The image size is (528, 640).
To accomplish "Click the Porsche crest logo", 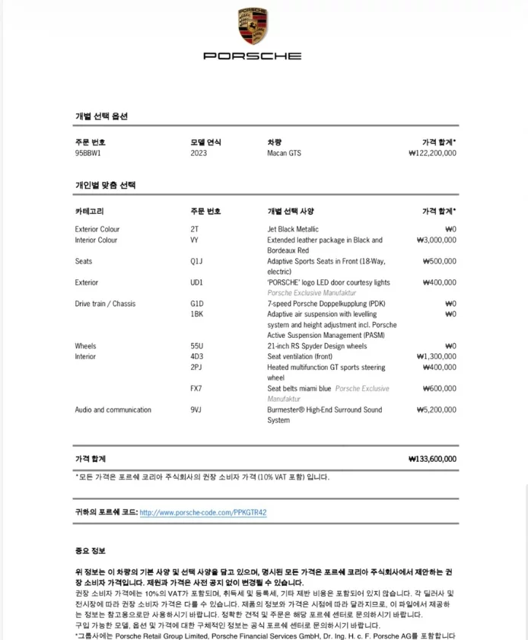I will [253, 27].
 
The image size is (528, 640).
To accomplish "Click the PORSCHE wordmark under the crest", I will [253, 56].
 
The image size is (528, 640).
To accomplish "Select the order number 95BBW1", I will [87, 153].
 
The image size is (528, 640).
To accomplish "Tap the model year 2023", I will [198, 153].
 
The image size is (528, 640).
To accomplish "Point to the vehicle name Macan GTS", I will [284, 153].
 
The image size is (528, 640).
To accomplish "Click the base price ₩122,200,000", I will [432, 153].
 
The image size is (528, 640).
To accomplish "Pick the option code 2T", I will [194, 229].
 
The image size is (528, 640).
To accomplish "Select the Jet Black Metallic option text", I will [293, 229].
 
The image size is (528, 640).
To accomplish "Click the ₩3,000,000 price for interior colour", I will [436, 240].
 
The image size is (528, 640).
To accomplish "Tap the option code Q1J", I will [196, 261].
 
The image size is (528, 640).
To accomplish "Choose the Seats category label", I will [83, 261].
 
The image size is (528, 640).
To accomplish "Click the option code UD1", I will [196, 282].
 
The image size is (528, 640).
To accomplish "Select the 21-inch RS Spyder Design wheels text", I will [316, 346].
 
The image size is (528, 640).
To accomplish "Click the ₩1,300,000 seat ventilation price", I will [436, 357].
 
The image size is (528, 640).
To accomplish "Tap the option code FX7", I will [196, 389].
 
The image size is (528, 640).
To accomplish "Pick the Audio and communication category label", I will [113, 410].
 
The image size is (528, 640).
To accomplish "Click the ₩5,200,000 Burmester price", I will [436, 410].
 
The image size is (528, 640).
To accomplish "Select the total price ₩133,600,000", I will [432, 459].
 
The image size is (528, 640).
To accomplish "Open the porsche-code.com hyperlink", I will [203, 513].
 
